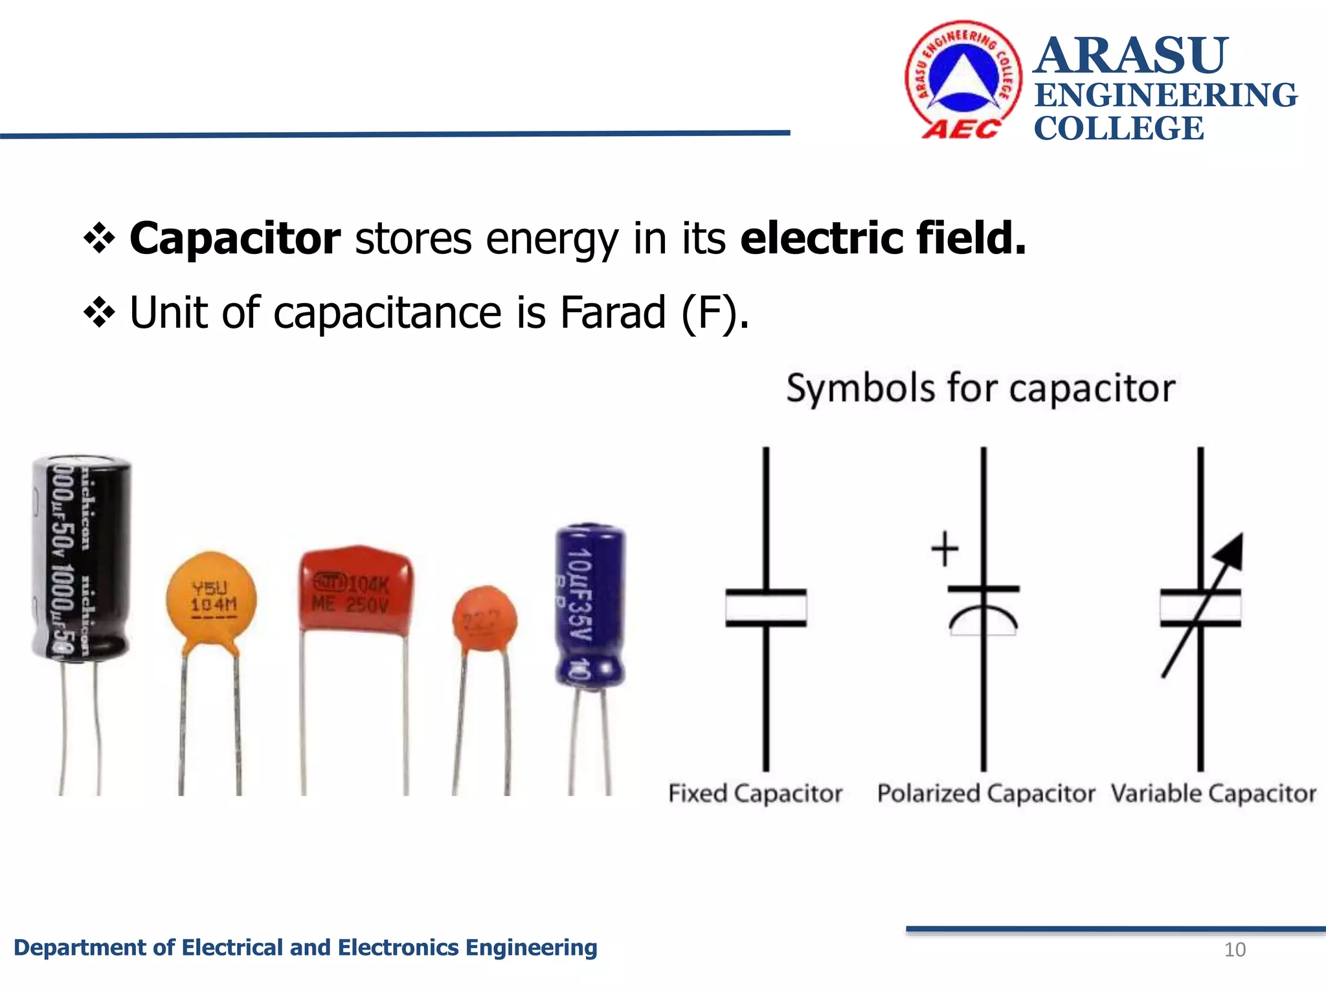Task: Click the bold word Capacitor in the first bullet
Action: [x=234, y=238]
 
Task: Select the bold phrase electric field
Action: [x=882, y=238]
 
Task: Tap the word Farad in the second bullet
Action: [x=612, y=312]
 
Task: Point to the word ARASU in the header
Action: [x=1130, y=56]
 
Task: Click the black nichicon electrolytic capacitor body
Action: [x=81, y=557]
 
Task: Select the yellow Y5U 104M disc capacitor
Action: [x=211, y=599]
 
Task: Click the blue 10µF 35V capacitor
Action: [x=589, y=602]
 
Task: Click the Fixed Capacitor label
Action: [x=755, y=793]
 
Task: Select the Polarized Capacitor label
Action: [x=985, y=793]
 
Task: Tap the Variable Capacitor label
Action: [x=1213, y=793]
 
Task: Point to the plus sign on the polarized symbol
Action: [x=945, y=549]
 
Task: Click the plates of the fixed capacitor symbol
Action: [x=766, y=608]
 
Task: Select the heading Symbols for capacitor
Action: [x=980, y=389]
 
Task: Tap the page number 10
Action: [x=1235, y=950]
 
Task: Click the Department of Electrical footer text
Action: [x=305, y=948]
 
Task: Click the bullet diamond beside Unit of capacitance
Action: [x=99, y=314]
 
